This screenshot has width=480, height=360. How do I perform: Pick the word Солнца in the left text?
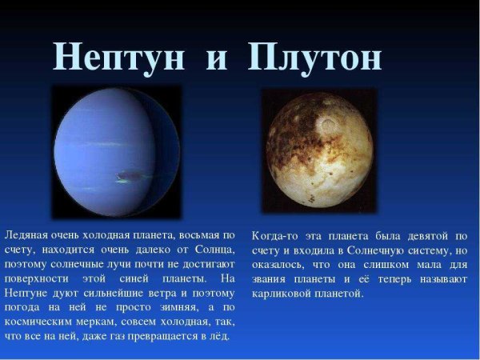point(214,250)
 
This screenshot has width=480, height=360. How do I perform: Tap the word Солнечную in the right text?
point(370,250)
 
